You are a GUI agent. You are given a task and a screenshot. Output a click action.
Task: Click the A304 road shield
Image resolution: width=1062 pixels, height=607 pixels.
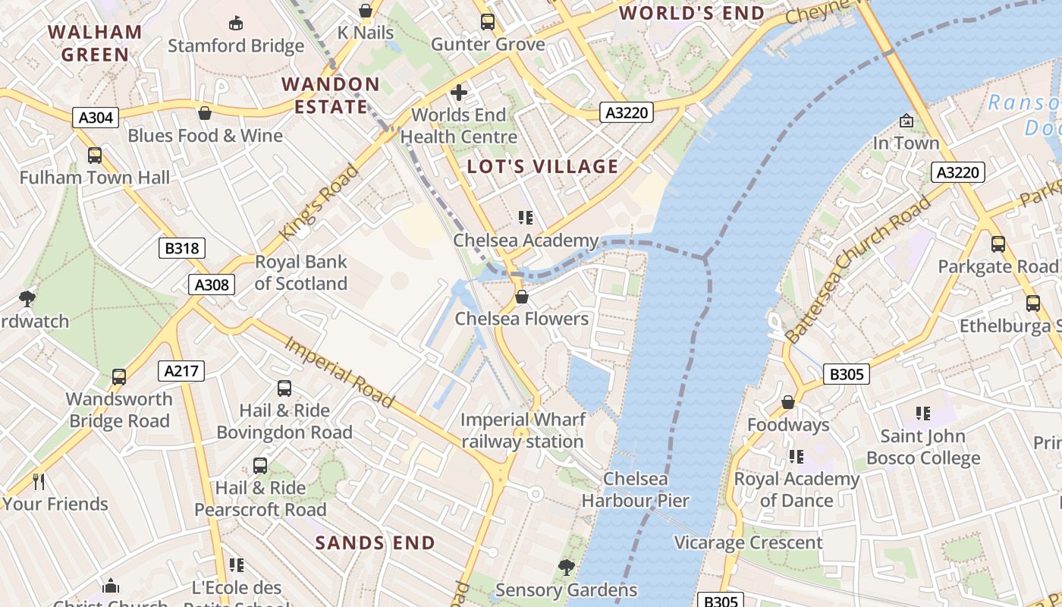coord(96,118)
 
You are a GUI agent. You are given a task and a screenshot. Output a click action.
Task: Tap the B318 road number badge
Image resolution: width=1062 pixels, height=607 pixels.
coord(182,248)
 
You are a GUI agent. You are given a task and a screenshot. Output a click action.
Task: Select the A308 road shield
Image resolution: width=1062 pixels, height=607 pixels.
coord(212,285)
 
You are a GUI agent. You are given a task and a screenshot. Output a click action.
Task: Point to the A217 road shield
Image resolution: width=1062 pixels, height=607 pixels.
coord(181,371)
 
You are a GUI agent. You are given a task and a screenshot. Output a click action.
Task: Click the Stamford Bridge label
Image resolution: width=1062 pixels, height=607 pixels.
coord(236,46)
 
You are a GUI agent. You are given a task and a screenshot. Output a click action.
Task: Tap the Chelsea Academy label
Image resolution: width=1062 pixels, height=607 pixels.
coord(526,241)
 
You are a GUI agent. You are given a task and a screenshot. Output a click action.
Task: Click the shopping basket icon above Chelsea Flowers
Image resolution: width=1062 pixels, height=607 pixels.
coord(521,296)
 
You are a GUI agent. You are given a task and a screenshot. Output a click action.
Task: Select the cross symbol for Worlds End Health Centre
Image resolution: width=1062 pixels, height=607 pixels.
coord(459,93)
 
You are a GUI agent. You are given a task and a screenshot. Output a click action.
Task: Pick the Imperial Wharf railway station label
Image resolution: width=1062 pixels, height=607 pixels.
coord(523,430)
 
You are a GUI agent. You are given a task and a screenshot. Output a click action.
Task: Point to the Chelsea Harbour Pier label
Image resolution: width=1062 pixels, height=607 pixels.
coord(636,489)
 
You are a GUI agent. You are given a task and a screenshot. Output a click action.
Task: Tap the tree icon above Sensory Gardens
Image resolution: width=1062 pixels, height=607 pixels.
coord(566,567)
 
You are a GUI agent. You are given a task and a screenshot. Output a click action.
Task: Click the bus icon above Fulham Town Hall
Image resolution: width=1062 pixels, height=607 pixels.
coord(95,156)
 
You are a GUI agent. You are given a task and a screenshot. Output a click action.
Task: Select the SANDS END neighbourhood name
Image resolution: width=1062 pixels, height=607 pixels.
coord(375,543)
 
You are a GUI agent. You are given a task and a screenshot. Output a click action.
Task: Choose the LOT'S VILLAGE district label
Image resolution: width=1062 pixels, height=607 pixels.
coord(542,167)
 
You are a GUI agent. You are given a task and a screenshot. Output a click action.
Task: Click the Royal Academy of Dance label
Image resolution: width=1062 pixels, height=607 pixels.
coord(796,489)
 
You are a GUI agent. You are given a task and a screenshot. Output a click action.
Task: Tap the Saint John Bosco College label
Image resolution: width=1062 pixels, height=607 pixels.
coord(923,447)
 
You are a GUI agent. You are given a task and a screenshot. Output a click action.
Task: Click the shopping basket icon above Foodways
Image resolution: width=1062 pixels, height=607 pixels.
coord(788,402)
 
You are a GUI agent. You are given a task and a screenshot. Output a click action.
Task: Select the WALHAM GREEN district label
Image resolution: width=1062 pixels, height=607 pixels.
coord(96,43)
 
